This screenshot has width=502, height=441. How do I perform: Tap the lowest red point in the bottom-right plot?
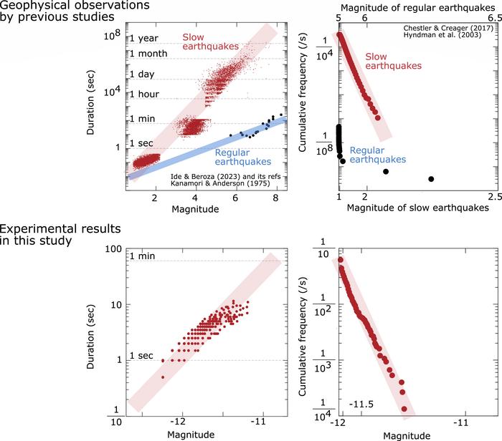tap(404, 409)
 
